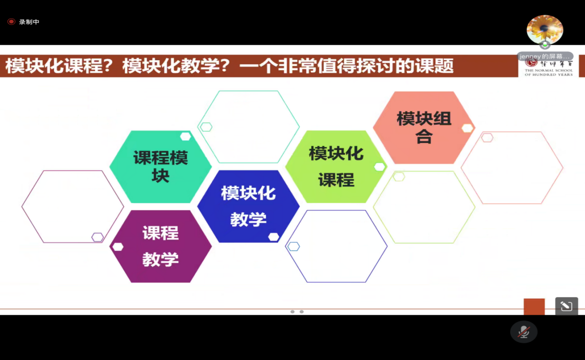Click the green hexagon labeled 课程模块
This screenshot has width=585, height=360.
161,167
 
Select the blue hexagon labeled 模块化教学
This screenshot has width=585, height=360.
248,206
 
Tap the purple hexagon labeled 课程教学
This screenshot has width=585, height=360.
161,246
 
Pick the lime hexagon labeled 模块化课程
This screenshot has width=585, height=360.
336,167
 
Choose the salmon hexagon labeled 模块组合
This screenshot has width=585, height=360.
424,127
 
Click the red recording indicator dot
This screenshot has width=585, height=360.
11,22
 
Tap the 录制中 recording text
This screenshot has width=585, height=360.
29,22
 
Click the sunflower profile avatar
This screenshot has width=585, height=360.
544,30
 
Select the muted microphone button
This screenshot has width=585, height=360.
524,331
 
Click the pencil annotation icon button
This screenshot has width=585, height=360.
566,306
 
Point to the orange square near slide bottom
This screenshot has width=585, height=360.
534,306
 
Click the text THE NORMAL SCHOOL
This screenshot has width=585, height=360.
548,70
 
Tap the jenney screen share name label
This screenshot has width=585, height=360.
545,56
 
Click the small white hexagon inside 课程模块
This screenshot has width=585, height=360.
185,137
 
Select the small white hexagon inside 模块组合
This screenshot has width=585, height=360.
467,128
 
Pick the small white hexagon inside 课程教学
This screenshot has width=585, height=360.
118,247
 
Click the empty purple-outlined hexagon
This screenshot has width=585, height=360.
73,207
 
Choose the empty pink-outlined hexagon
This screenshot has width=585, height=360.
512,167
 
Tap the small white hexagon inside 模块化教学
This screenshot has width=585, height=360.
273,237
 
